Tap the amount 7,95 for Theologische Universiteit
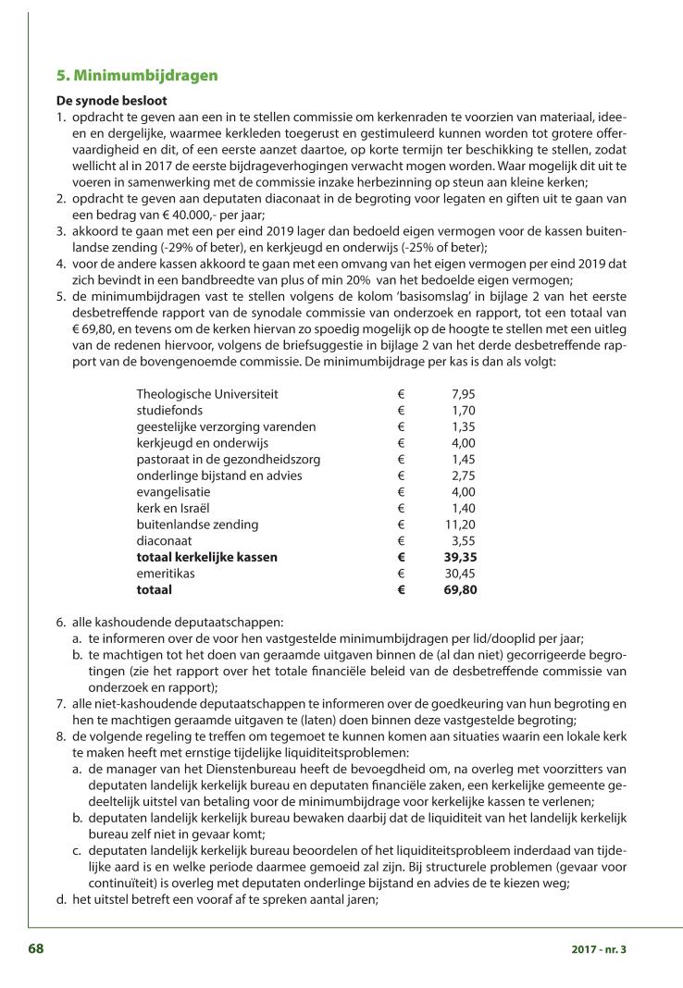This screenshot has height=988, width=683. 462,394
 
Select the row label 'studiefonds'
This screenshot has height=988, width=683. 169,410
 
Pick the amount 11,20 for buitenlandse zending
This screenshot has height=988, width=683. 460,525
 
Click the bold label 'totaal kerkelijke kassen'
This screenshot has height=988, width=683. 206,557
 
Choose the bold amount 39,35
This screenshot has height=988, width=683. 459,557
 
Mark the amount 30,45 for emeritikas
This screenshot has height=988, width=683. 460,574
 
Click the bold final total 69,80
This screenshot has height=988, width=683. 459,590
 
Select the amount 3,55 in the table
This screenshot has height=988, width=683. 463,541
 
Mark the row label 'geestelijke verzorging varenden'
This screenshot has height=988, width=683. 226,426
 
